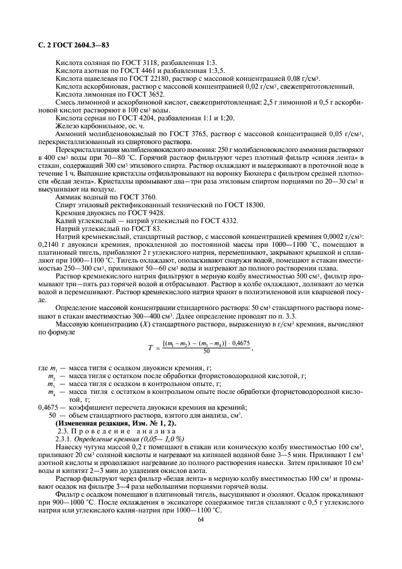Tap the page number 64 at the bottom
(201, 519)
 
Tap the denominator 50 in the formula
(207, 351)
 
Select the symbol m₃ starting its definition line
(52, 385)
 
